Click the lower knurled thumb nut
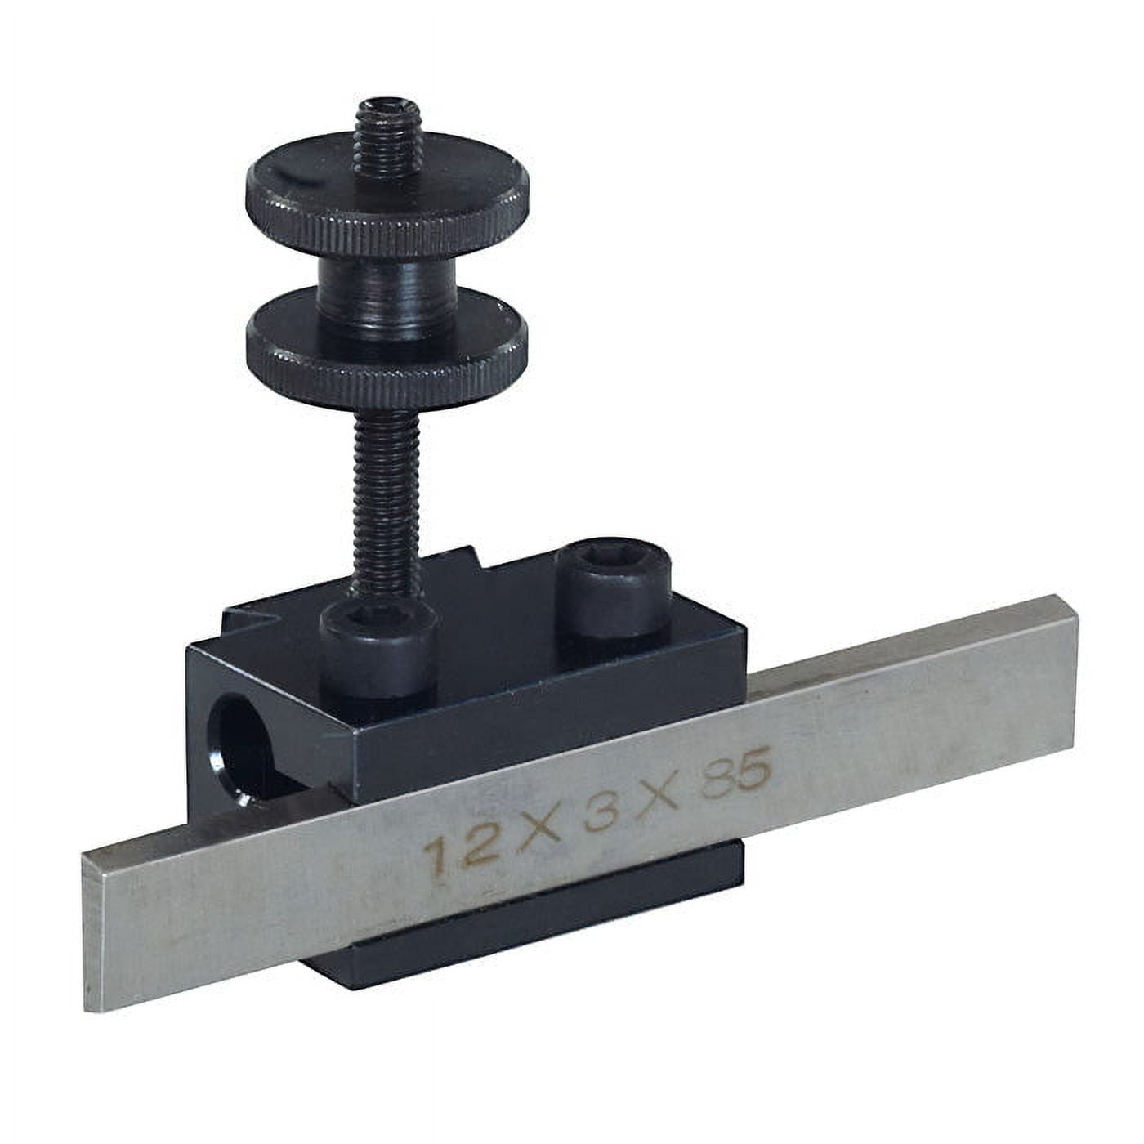[x=387, y=360]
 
